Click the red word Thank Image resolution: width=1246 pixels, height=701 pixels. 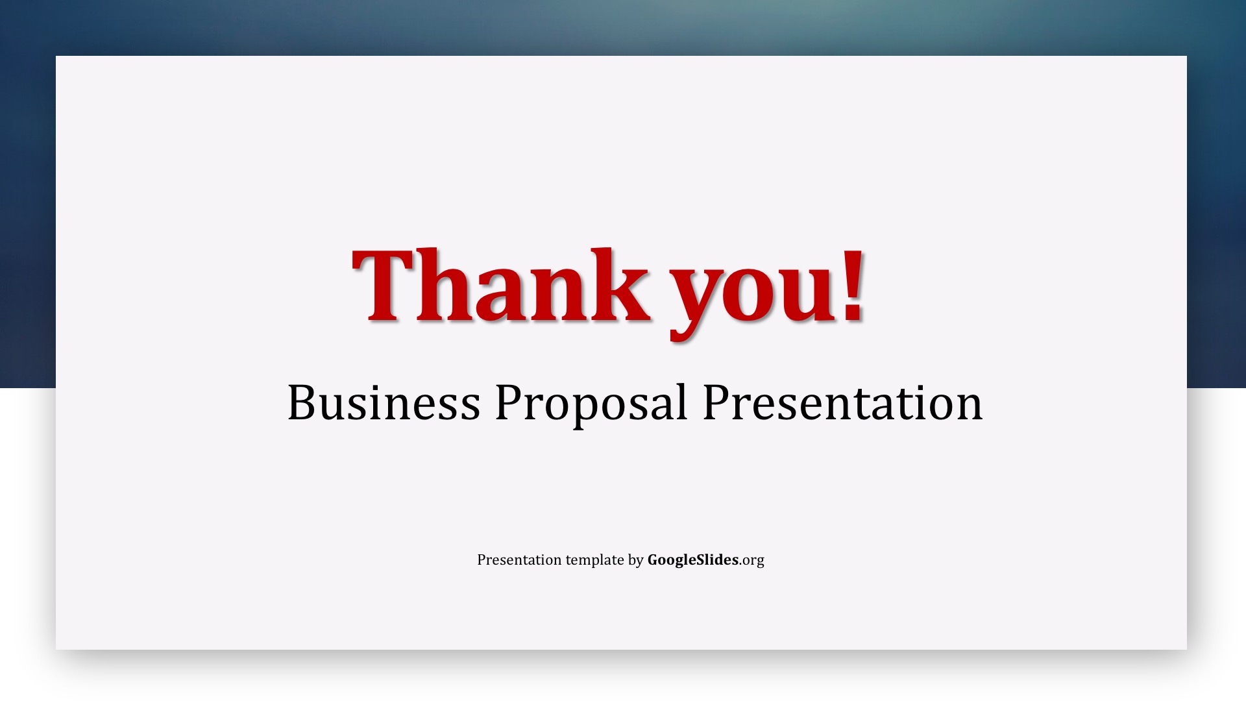coord(501,285)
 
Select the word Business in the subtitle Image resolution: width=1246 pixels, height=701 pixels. coord(384,402)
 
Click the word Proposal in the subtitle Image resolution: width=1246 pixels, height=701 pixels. coord(591,404)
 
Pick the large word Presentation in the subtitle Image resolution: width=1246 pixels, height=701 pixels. coord(842,402)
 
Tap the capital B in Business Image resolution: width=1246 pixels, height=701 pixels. coord(302,402)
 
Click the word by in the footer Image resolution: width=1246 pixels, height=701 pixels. coord(635,561)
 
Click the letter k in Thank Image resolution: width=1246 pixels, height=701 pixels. coord(624,285)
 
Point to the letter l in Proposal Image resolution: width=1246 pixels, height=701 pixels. coord(681,401)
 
